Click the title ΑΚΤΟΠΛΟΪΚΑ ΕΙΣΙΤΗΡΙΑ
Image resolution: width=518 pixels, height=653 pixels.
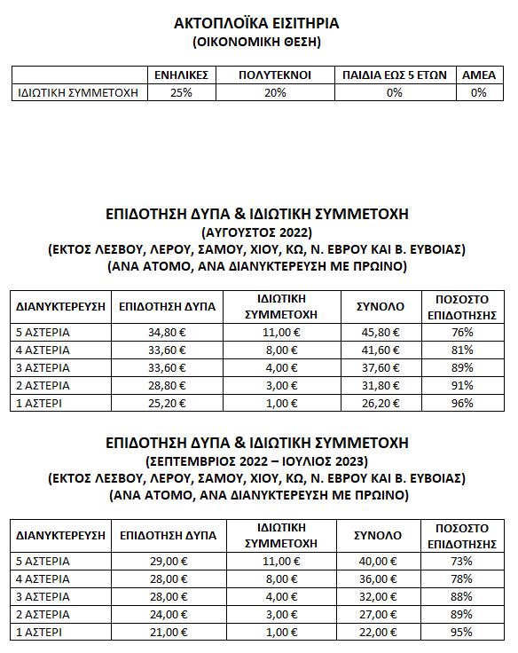coord(257,23)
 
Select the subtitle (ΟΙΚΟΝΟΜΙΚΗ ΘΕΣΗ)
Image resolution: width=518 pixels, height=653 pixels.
coord(257,42)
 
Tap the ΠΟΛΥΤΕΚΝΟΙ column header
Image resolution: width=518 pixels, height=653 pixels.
coord(276,75)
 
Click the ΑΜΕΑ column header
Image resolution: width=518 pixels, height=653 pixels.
coord(479,75)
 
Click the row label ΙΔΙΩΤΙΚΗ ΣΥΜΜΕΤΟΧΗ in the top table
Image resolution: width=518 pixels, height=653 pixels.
coord(80,92)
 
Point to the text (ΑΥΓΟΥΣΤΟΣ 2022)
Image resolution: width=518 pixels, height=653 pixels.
coord(256,232)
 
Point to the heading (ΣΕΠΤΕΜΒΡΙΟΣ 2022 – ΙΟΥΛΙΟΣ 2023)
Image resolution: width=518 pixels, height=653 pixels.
coord(256,460)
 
